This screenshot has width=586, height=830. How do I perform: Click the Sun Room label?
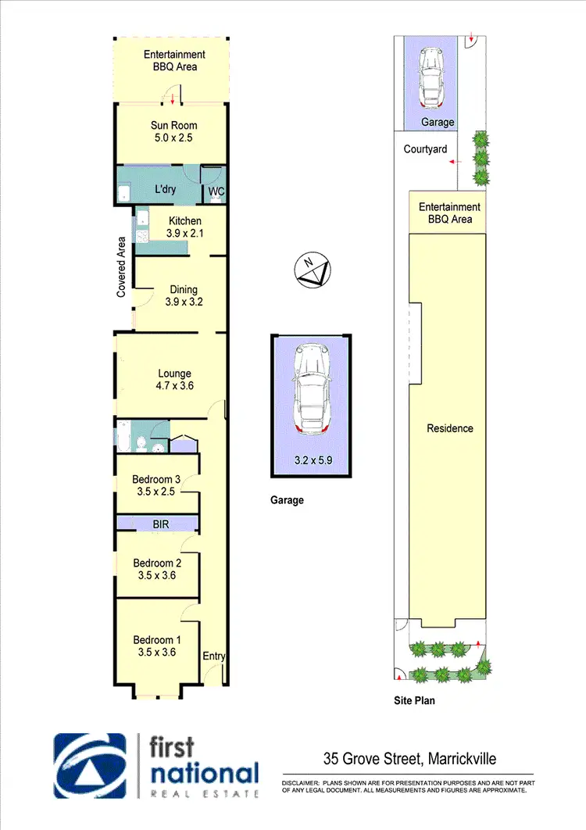click(x=173, y=126)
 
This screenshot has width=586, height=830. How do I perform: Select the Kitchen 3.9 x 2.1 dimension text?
click(x=184, y=234)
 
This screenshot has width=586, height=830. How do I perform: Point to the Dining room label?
click(x=184, y=290)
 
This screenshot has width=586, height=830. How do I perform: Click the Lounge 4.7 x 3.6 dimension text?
click(x=174, y=386)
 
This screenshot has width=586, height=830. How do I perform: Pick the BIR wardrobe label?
click(x=161, y=524)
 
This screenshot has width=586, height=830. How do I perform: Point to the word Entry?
click(x=213, y=656)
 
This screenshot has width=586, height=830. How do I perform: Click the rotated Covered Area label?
click(x=122, y=267)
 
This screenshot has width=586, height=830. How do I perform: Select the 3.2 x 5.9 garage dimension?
click(x=311, y=461)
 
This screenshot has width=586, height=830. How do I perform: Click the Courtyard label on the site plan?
click(x=425, y=149)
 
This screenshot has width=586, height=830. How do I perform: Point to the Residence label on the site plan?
click(x=450, y=428)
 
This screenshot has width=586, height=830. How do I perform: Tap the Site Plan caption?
click(x=414, y=701)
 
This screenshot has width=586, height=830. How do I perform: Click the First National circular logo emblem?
click(x=90, y=766)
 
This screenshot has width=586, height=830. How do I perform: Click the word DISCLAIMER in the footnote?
click(x=301, y=782)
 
